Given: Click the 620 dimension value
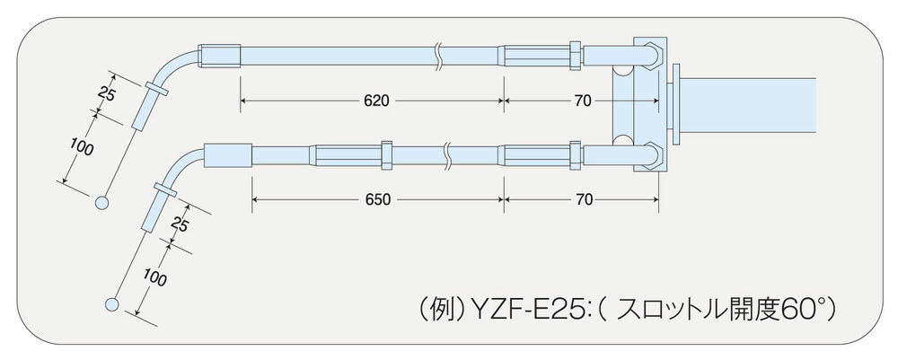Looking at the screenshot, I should (376, 101).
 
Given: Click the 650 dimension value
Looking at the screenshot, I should (378, 199).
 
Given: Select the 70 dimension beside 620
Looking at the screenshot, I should (583, 101).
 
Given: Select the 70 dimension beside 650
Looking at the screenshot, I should (583, 199).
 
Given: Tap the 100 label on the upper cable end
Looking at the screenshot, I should (81, 149).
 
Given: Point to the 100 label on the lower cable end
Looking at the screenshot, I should (154, 278).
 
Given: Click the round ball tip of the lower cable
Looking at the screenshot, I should (112, 304).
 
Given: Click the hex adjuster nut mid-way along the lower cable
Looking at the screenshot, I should (386, 154).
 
